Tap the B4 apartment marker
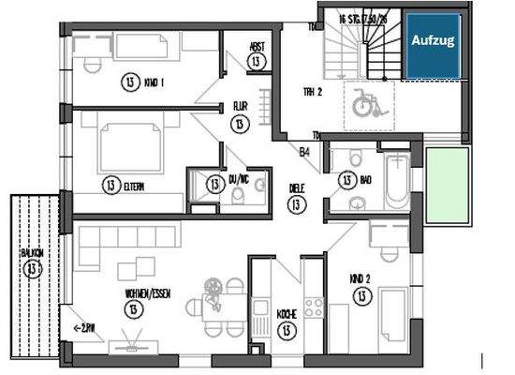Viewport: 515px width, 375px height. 304,151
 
